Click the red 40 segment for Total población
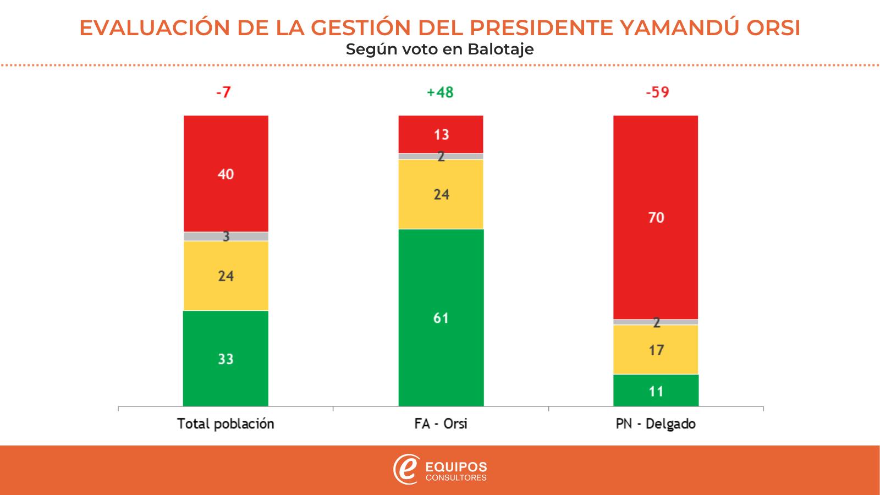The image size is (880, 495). [x=226, y=174]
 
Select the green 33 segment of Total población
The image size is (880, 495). [x=226, y=359]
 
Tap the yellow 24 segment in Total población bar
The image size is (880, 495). [x=226, y=276]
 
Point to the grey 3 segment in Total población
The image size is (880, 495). [x=226, y=237]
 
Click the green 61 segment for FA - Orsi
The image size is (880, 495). [x=441, y=317]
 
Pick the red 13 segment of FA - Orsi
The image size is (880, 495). [x=441, y=134]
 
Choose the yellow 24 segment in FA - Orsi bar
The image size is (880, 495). [x=441, y=194]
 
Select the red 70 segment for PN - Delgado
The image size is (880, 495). [x=656, y=217]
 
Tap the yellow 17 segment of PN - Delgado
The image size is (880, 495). [x=656, y=350]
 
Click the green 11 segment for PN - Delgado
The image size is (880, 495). [x=656, y=391]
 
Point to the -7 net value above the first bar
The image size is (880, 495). [x=223, y=92]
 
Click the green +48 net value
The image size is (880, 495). [x=440, y=92]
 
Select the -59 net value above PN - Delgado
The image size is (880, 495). [x=657, y=92]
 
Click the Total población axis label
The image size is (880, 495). [x=226, y=424]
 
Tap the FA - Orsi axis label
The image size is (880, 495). [x=441, y=424]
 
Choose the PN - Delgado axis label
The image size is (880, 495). [x=656, y=424]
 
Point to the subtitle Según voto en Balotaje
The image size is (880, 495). [x=440, y=50]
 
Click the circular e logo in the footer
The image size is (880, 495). [x=406, y=469]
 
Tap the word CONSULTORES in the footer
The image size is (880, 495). [x=456, y=477]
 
